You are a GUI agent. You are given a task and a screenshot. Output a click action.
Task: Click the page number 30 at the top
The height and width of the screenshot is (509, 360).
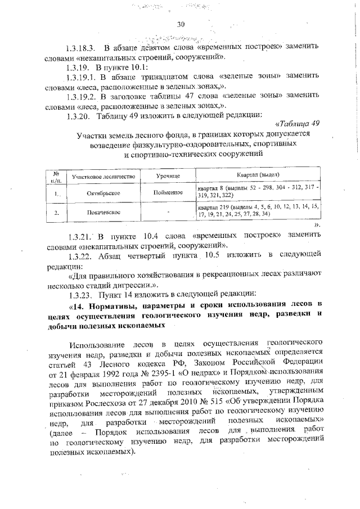point(181,24)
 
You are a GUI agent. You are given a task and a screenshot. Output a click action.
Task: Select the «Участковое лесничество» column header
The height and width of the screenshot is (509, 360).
point(103,177)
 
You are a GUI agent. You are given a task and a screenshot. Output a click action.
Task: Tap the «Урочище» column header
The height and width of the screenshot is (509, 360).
point(168,177)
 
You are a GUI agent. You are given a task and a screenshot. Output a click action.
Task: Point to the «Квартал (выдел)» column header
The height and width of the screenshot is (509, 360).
point(258,176)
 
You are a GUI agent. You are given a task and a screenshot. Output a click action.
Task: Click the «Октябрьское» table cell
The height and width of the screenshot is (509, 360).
point(103,193)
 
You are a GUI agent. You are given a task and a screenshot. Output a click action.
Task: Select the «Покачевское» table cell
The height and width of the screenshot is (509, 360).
point(103,214)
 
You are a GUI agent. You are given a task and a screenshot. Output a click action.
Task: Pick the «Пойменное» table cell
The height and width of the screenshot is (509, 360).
point(168,193)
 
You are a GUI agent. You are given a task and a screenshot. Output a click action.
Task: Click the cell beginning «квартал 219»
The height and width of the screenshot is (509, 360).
point(258,210)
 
